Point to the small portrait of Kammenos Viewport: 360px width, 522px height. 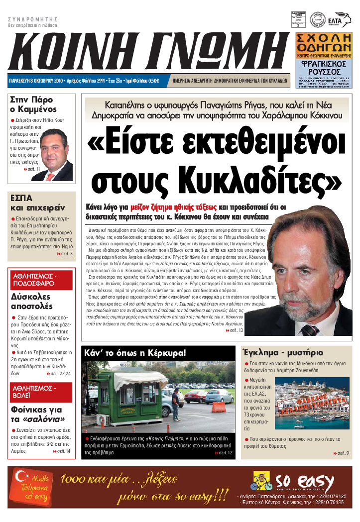56,155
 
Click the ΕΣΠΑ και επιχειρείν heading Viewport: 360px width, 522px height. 30,203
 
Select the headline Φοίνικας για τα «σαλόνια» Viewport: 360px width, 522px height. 36,415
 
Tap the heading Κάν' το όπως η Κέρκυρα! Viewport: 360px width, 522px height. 135,353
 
